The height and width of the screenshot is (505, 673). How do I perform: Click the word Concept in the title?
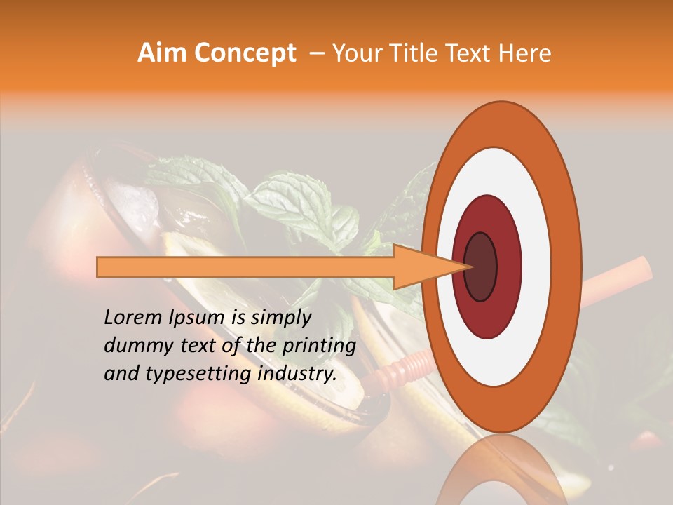245,53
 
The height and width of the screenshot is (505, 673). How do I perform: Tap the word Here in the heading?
526,53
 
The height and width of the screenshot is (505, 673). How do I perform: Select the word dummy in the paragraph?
134,346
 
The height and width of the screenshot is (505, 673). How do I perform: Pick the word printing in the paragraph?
321,346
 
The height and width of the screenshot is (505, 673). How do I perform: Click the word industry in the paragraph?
297,374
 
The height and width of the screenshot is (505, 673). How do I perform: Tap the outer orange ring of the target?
569,267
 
